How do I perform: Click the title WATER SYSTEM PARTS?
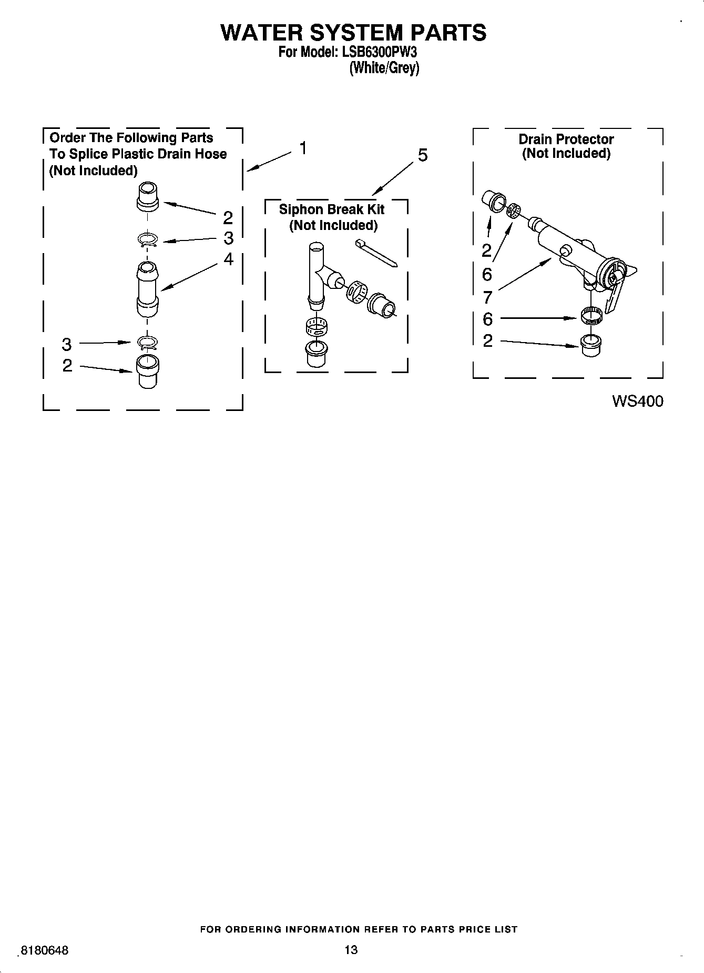(x=353, y=33)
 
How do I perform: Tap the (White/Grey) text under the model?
(x=384, y=68)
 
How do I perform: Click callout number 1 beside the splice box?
(x=303, y=148)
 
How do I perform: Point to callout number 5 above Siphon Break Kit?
(x=423, y=155)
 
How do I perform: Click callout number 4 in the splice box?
(x=228, y=259)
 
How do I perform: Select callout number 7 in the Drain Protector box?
(x=487, y=298)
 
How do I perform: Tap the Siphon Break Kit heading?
(x=331, y=209)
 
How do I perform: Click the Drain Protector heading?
(x=566, y=139)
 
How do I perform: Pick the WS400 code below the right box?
(x=637, y=402)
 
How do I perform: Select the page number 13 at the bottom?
(x=351, y=949)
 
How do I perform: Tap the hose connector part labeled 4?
(x=147, y=290)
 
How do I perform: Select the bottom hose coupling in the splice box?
(x=147, y=371)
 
